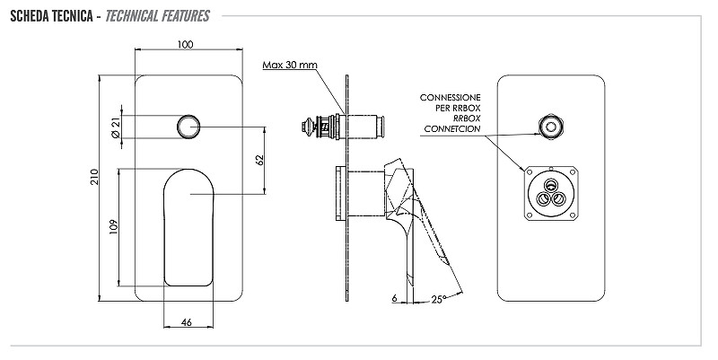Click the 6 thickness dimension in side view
394,297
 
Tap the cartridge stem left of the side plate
320,127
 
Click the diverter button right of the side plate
375,127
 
